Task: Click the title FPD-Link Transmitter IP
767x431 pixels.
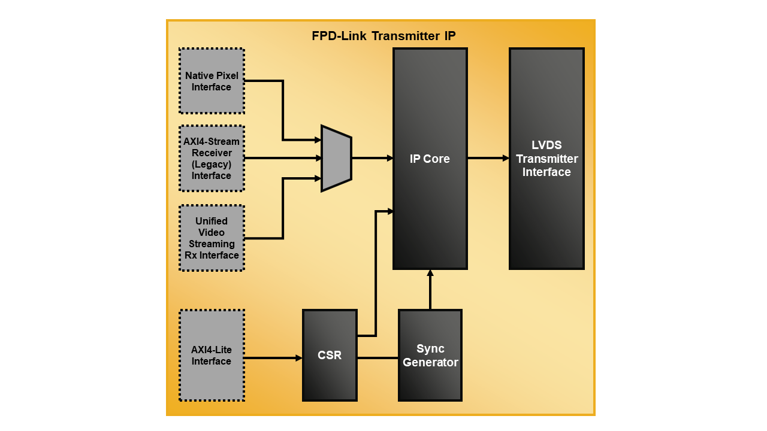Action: click(383, 36)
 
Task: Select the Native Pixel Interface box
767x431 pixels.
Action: click(212, 81)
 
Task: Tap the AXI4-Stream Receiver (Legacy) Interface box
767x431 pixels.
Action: click(212, 158)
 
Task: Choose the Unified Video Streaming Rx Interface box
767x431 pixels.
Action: click(212, 238)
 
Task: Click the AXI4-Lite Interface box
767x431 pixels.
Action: click(212, 355)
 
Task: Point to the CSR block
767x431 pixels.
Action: click(330, 355)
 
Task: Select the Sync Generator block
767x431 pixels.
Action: click(430, 355)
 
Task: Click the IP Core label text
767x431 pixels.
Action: click(430, 159)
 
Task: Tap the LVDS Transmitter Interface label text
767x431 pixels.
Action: click(546, 159)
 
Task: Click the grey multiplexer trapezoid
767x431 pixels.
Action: click(336, 158)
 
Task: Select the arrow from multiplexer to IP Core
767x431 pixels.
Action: click(372, 158)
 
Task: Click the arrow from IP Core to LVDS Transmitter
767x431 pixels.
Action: click(488, 158)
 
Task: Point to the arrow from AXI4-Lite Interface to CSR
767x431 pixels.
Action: click(273, 358)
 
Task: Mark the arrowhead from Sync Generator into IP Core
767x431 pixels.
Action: click(430, 274)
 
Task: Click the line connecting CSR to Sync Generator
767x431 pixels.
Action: click(378, 358)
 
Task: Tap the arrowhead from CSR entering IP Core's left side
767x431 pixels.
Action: click(389, 211)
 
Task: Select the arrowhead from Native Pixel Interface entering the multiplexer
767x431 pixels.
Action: click(318, 140)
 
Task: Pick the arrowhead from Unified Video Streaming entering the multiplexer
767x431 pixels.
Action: click(318, 178)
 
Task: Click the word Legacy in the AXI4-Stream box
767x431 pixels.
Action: click(212, 164)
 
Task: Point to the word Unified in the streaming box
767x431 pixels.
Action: click(212, 221)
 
